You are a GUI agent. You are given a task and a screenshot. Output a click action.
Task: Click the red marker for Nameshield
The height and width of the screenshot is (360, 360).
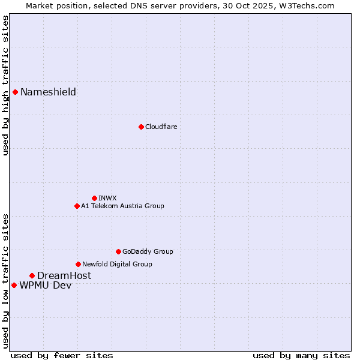coord(15,92)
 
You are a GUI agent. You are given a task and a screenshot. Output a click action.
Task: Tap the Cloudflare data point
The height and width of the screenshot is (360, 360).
coord(141,127)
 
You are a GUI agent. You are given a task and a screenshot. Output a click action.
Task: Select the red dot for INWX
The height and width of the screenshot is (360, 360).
coord(94,198)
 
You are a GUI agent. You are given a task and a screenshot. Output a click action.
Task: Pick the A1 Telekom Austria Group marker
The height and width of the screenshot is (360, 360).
coord(77,206)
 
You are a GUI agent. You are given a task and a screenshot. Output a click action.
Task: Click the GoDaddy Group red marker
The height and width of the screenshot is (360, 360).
coord(118,251)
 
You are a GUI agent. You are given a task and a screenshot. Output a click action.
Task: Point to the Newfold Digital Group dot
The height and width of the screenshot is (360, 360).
coord(78,264)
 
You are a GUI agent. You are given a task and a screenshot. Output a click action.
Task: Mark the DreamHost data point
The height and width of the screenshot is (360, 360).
coord(32,275)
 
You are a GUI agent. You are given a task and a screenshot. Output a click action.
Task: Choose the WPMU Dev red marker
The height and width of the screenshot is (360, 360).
coord(14,285)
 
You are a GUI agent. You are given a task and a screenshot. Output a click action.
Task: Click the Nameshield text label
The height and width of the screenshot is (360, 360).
coord(48,92)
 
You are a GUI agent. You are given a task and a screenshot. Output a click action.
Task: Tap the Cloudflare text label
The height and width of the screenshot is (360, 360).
coord(161,127)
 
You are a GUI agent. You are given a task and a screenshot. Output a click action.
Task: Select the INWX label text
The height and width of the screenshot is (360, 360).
coord(107,198)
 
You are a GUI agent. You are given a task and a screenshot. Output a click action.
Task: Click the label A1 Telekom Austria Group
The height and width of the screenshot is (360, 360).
coord(122,206)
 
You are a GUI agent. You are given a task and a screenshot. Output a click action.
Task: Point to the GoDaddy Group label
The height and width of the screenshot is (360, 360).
coord(148,251)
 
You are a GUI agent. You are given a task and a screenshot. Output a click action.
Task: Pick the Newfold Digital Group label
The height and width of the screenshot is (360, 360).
coord(117,264)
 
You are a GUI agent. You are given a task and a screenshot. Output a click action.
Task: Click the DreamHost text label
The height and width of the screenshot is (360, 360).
coord(64,275)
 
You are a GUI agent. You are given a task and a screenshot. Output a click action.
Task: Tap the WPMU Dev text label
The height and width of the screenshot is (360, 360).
coord(45,285)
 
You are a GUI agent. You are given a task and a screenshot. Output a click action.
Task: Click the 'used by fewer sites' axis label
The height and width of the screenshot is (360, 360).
coord(62,355)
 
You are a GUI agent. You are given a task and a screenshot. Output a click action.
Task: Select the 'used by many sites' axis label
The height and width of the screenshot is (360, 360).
coord(301,355)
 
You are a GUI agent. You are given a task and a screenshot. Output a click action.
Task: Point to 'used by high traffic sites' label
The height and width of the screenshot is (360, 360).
coord(5,85)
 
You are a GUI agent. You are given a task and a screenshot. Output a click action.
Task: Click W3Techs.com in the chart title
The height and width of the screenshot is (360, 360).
coord(310,5)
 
